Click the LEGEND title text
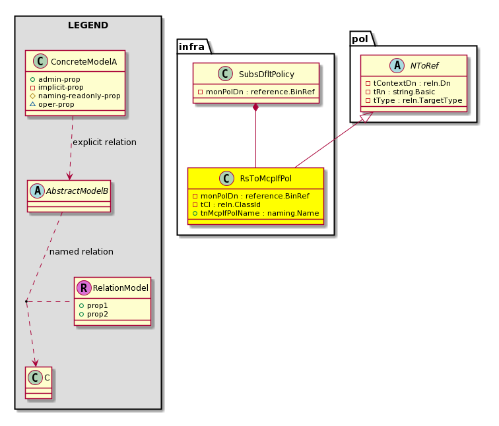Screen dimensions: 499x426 tap(88, 25)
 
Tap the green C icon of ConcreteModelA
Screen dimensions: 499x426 tap(40, 61)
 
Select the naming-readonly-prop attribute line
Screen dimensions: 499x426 tap(75, 96)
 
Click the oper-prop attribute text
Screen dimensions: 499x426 tap(56, 104)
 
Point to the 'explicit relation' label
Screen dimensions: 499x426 tap(104, 142)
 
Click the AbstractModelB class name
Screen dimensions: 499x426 tap(77, 191)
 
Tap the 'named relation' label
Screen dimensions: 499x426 tap(81, 251)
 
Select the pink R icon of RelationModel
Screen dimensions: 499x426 tap(84, 288)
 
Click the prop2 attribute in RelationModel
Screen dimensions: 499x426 tap(98, 314)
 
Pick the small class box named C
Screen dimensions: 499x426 tap(38, 382)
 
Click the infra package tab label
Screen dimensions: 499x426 tap(191, 47)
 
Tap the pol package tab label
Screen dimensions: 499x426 tap(360, 39)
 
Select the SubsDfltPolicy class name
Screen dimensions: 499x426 tap(267, 74)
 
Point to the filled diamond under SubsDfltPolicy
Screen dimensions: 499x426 tap(255, 107)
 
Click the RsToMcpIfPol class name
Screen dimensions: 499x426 tap(266, 178)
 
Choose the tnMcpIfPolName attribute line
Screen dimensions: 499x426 tap(256, 213)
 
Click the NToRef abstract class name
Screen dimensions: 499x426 tap(424, 65)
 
